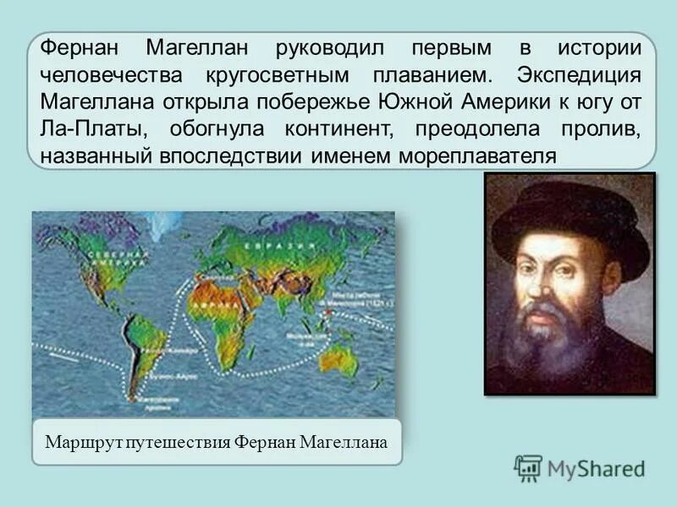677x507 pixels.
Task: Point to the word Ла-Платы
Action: tap(82, 128)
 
